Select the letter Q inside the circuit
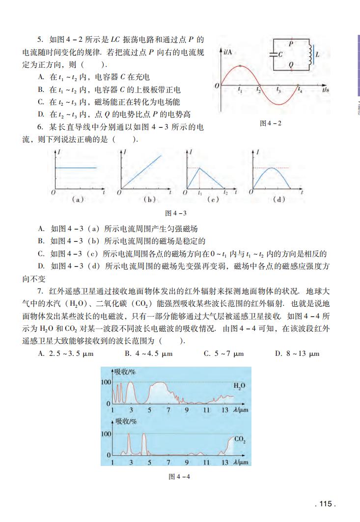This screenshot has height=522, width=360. (x=291, y=64)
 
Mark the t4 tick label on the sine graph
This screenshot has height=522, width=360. (x=300, y=90)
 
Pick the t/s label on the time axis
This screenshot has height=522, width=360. (x=326, y=90)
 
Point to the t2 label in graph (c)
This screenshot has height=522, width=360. (x=225, y=193)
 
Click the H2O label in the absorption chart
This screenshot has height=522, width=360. (x=239, y=387)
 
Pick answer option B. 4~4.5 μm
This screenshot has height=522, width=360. (x=148, y=353)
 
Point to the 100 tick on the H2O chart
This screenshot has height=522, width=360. (x=106, y=382)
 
